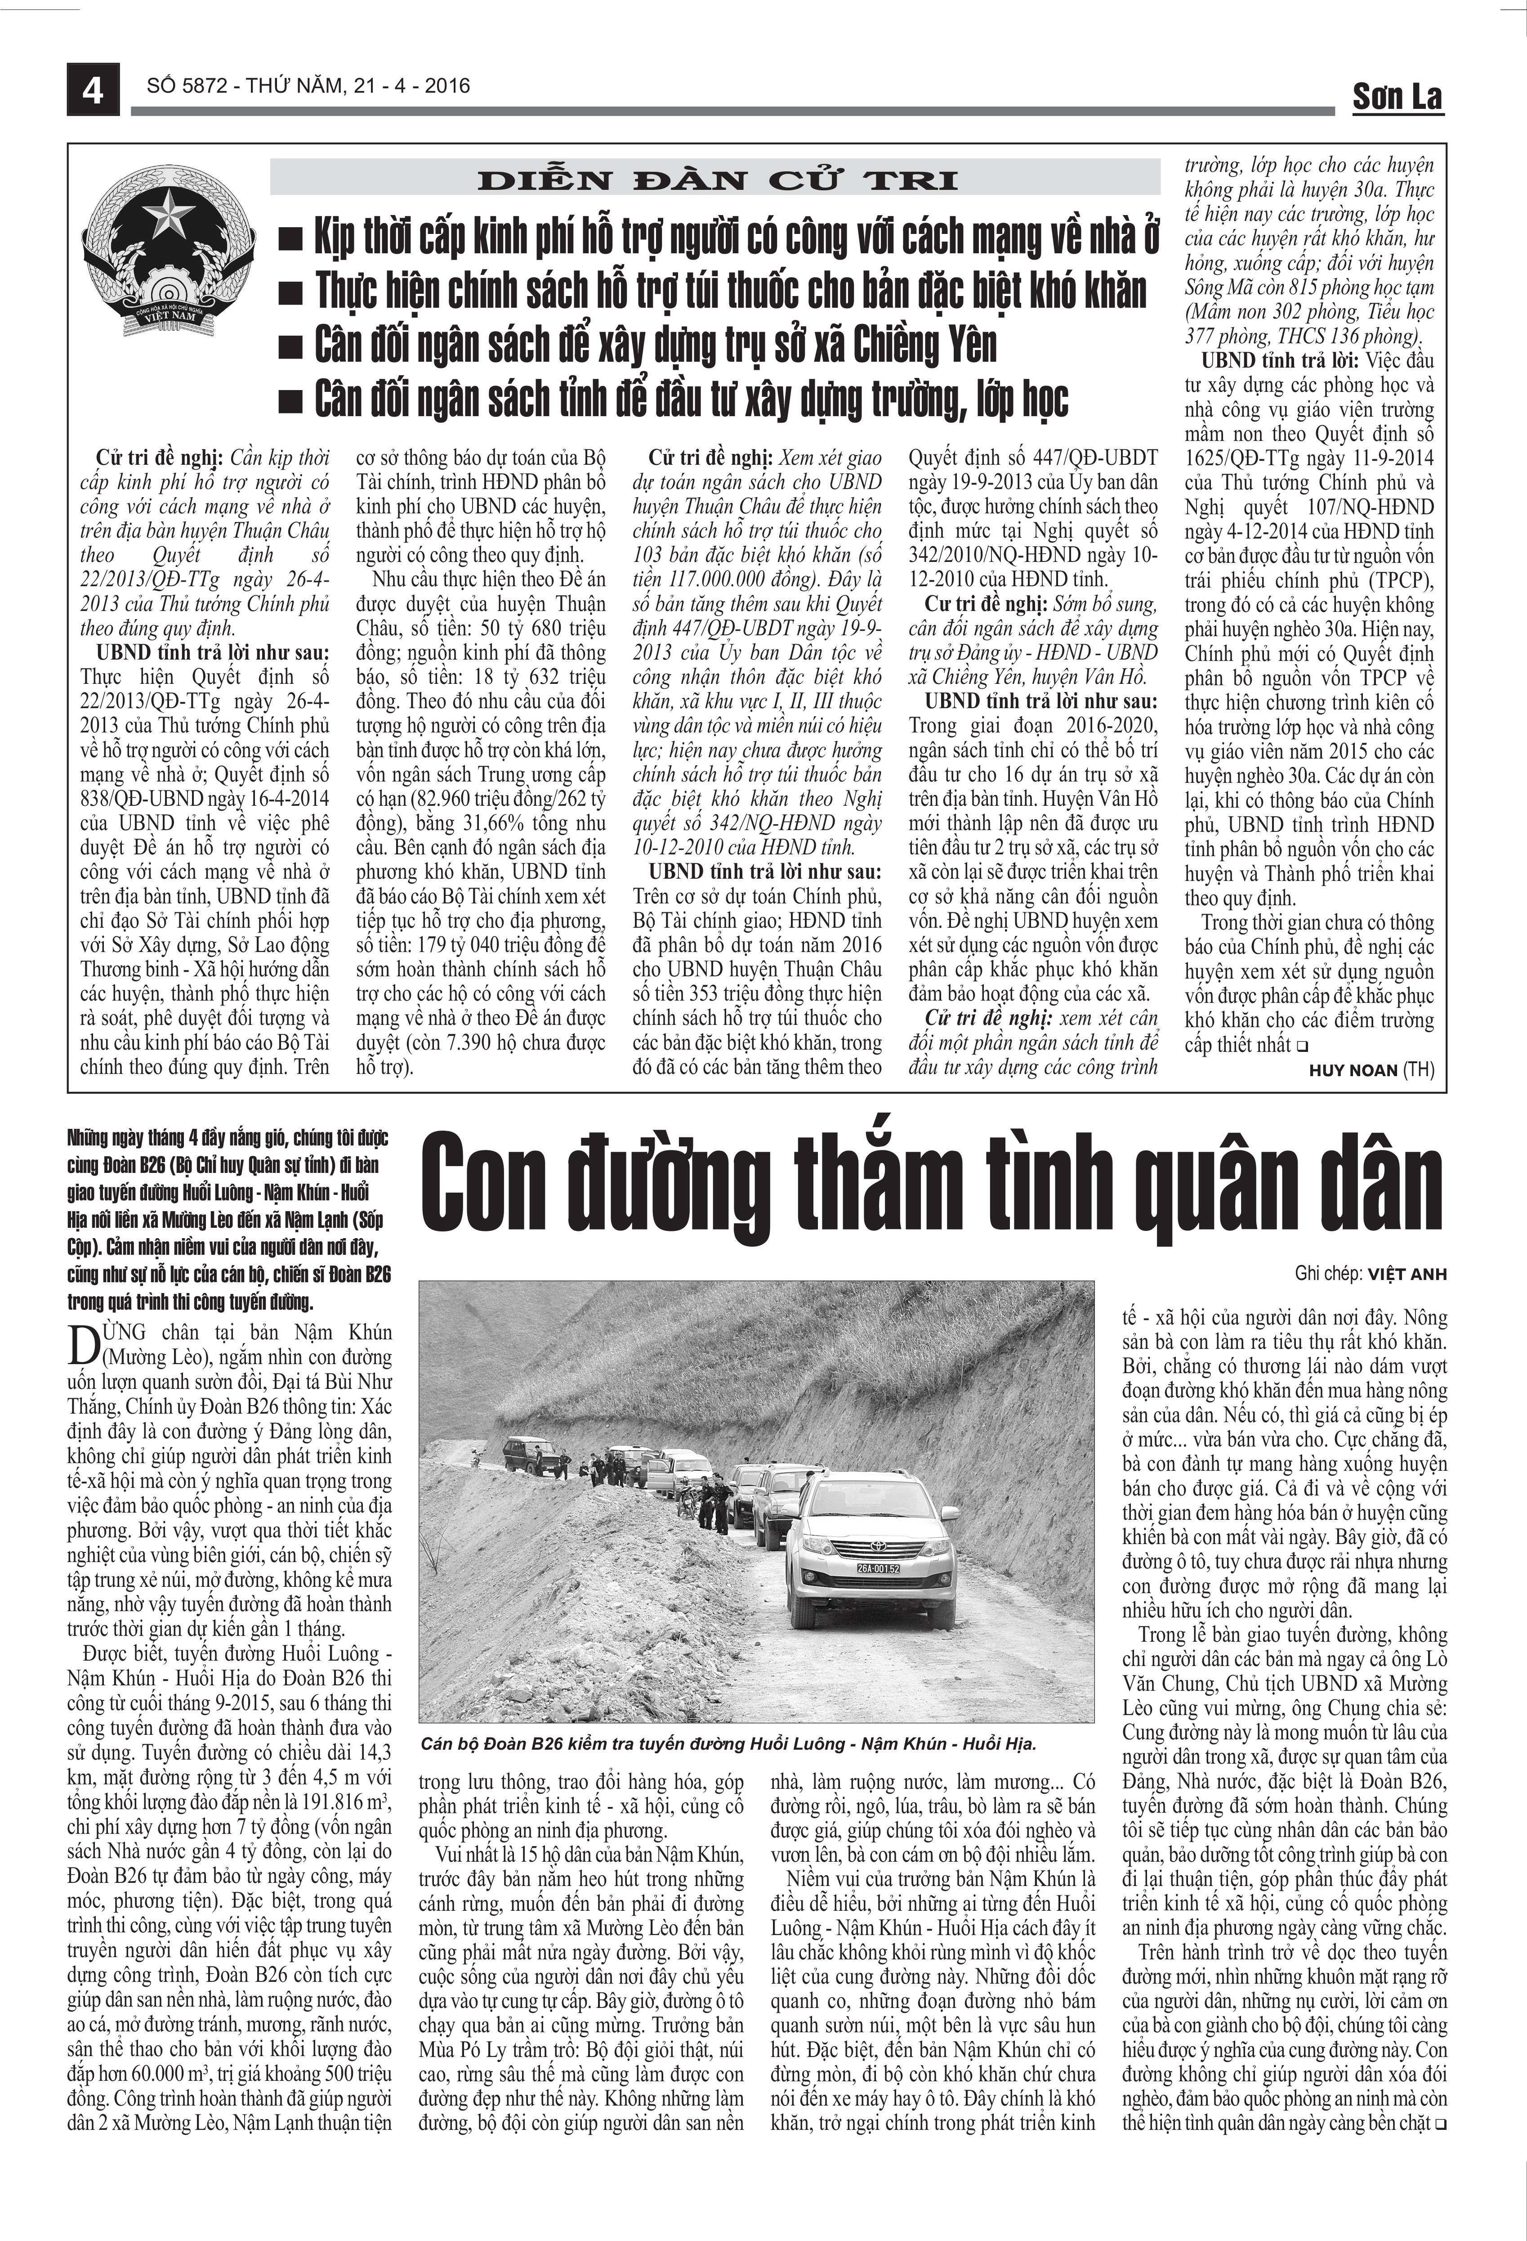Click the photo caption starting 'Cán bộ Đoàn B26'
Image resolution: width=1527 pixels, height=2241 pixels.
pos(728,1743)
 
